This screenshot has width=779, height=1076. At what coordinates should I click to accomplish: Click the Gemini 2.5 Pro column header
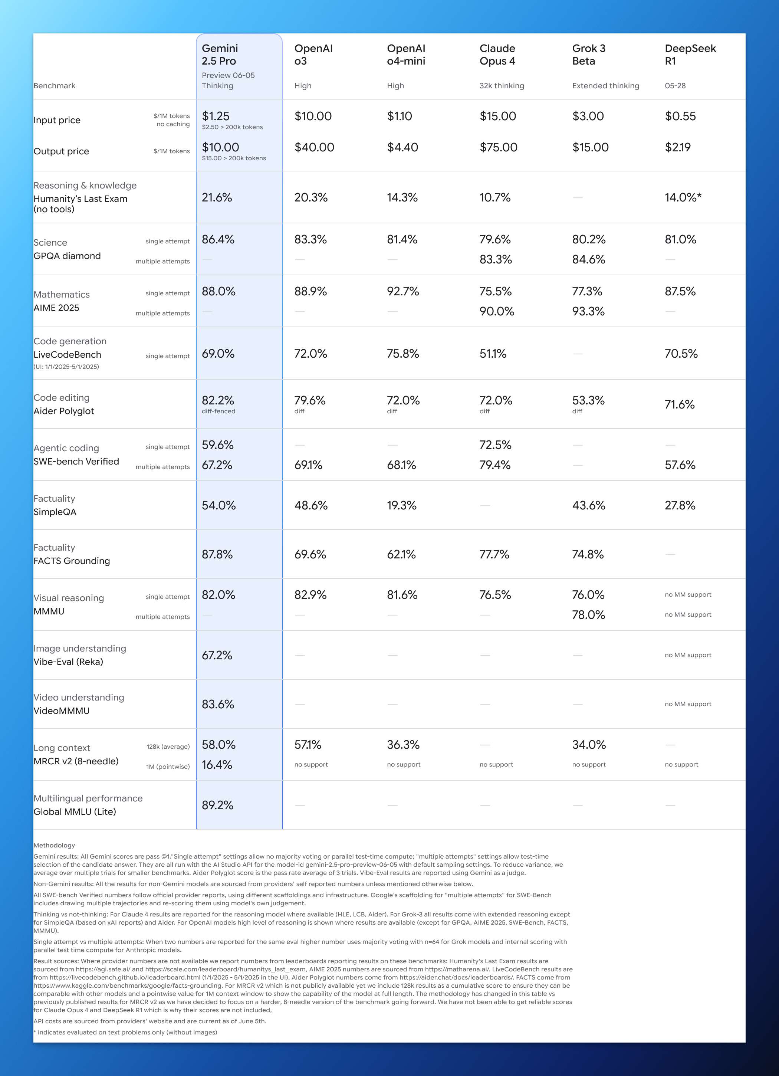coord(220,55)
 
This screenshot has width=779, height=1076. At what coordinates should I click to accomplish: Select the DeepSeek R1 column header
coord(690,55)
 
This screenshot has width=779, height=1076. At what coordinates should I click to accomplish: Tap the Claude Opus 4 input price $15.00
coord(498,116)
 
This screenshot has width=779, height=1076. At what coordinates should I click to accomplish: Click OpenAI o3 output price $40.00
coord(314,148)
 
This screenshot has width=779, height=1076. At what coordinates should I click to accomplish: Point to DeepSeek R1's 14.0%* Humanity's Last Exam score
coord(683,198)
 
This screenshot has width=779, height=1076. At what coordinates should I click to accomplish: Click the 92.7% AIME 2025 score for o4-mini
coord(403,292)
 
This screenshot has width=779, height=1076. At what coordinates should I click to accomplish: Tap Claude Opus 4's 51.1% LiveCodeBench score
coord(493,354)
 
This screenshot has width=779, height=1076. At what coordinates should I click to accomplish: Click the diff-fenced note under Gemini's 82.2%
coord(218,411)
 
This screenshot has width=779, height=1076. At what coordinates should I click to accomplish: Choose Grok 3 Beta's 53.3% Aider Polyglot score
coord(588,400)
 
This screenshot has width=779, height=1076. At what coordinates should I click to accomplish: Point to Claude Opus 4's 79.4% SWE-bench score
coord(495,465)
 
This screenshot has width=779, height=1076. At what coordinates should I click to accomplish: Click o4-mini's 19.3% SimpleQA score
coord(401,506)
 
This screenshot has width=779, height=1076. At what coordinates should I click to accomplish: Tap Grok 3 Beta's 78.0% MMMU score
coord(588,615)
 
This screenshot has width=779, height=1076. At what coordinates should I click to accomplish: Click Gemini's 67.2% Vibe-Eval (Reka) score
coord(217,656)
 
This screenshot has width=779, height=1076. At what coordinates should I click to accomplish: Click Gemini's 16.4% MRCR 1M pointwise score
coord(217,765)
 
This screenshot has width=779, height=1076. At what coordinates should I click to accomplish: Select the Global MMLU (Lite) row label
coord(75,812)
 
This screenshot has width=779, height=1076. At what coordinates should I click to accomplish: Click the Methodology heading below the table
coord(54,846)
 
